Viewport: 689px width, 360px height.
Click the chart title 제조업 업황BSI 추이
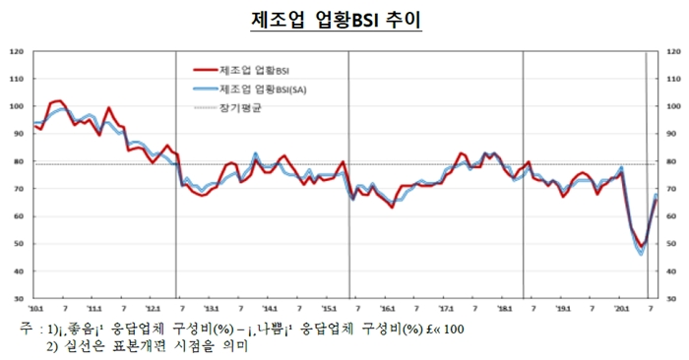[x=344, y=21]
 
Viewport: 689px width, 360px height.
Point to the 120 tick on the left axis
[x=17, y=50]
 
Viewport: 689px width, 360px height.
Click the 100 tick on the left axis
[x=17, y=105]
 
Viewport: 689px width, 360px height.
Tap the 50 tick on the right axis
[x=673, y=244]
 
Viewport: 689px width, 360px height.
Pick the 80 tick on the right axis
[x=673, y=160]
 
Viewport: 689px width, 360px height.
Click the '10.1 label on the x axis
[x=36, y=308]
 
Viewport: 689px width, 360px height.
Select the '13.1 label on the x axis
[x=211, y=308]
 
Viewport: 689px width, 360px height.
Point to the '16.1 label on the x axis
[x=388, y=308]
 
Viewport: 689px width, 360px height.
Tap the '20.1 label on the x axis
[x=621, y=308]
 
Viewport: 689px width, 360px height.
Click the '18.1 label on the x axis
[x=505, y=308]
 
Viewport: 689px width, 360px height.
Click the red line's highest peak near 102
[x=59, y=100]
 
